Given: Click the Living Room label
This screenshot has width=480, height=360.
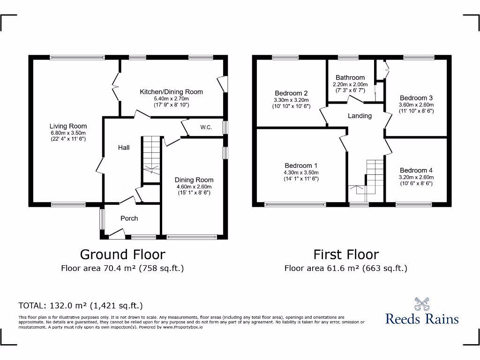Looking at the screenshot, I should (x=68, y=126).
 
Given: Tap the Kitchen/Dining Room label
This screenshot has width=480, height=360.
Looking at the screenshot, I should (x=171, y=92).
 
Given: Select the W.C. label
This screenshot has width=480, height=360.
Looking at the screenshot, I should (x=206, y=127).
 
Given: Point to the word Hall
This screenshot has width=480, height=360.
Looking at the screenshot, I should (x=124, y=148).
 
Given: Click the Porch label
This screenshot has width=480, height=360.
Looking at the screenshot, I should (x=129, y=218).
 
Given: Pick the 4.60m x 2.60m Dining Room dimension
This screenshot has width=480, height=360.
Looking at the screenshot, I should (x=194, y=187).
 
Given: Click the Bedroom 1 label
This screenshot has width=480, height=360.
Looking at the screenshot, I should (x=301, y=165).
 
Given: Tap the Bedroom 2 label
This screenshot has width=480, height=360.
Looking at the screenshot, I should (x=291, y=93).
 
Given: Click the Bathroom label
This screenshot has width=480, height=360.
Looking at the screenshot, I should (x=350, y=78).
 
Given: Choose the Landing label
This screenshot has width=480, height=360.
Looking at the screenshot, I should (x=360, y=116).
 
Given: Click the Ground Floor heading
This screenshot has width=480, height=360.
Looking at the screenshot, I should (x=122, y=254).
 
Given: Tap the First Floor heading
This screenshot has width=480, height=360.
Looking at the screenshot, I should (x=346, y=254).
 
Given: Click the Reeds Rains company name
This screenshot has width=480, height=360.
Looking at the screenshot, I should (x=422, y=319).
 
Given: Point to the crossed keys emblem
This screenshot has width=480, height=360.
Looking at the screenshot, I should (x=422, y=304).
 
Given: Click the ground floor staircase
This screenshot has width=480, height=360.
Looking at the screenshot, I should (x=151, y=155).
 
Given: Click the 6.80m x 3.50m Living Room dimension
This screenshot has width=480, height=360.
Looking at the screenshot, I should (x=68, y=133).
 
